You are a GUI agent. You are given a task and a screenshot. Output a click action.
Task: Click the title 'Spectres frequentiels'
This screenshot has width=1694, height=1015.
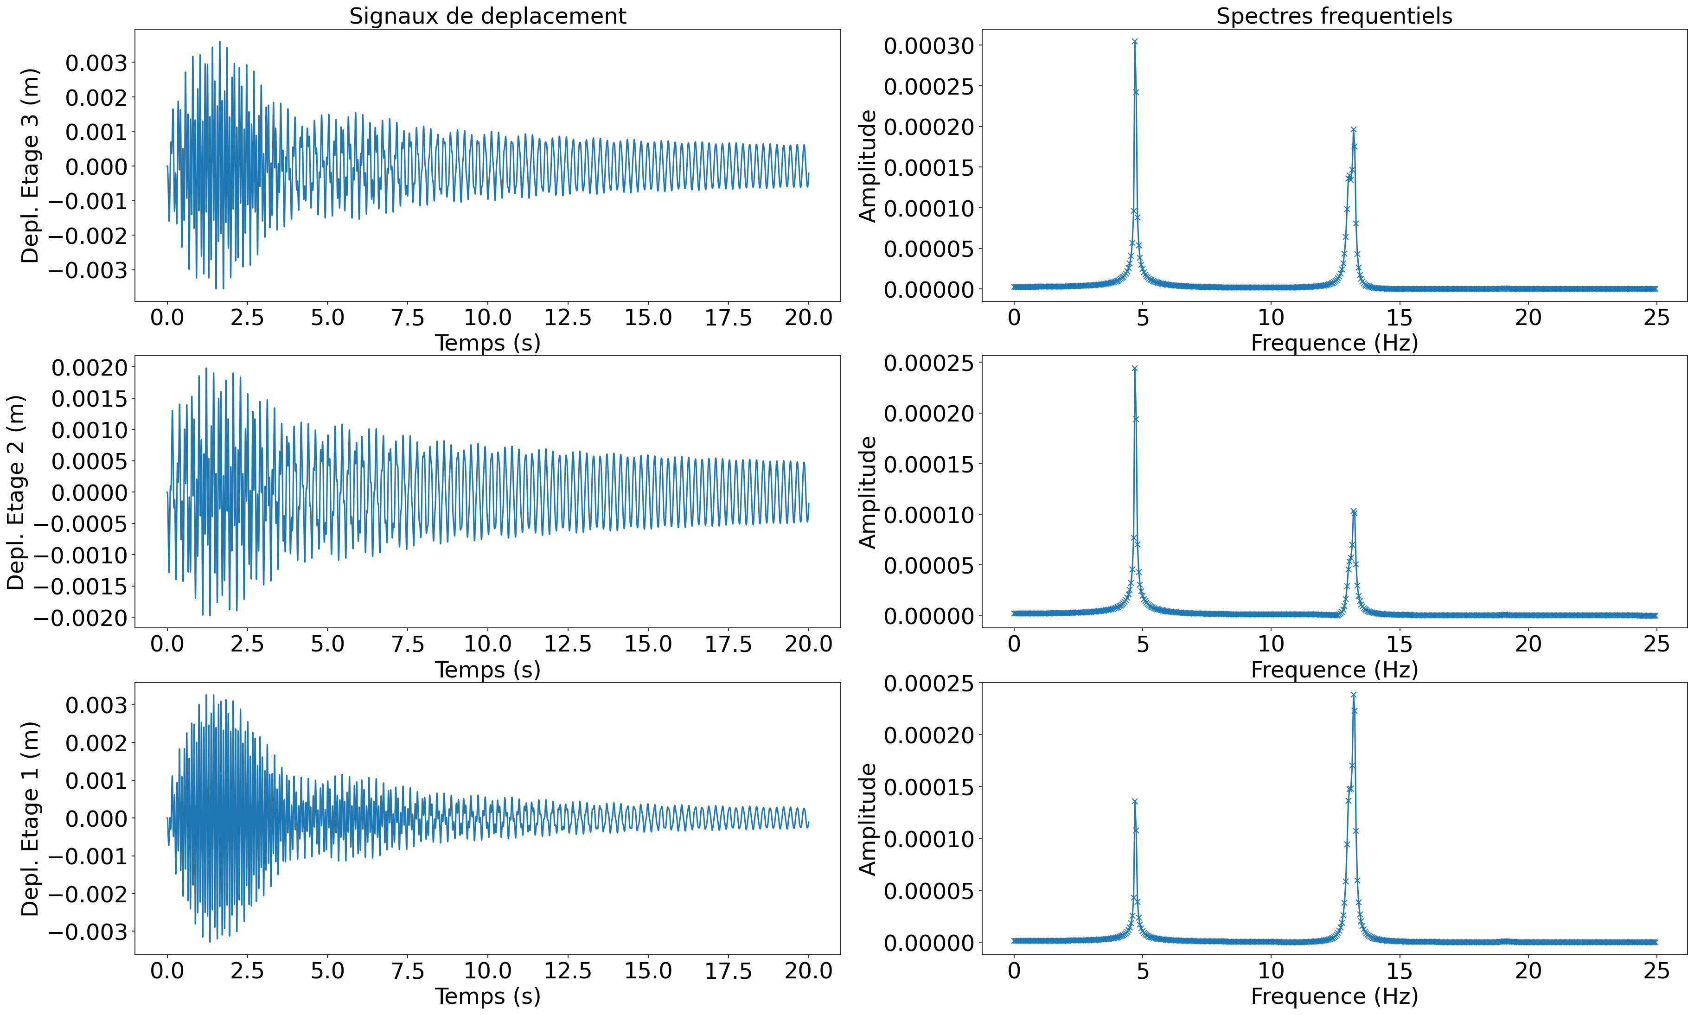click(x=1334, y=16)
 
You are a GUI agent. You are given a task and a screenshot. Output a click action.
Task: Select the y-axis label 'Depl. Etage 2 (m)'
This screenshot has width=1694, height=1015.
click(x=16, y=492)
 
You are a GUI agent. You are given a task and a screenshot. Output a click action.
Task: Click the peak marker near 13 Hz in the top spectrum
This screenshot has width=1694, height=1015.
click(x=1353, y=129)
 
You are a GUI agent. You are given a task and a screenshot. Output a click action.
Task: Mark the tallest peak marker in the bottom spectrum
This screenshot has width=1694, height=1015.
click(x=1353, y=695)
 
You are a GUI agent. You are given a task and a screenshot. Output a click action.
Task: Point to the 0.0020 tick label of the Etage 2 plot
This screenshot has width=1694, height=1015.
click(x=89, y=368)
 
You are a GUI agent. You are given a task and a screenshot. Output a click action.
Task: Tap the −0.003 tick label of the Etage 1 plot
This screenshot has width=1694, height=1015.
click(x=96, y=932)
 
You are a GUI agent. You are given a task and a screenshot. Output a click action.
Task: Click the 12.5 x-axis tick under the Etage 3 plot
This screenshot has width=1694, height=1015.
click(x=568, y=317)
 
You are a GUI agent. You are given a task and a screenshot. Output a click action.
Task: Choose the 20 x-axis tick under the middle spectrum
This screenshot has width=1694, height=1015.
click(x=1528, y=644)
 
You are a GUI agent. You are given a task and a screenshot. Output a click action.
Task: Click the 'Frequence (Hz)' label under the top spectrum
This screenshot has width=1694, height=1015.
click(x=1334, y=343)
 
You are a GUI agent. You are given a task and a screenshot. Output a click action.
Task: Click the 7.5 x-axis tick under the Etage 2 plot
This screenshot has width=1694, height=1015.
click(x=408, y=644)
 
